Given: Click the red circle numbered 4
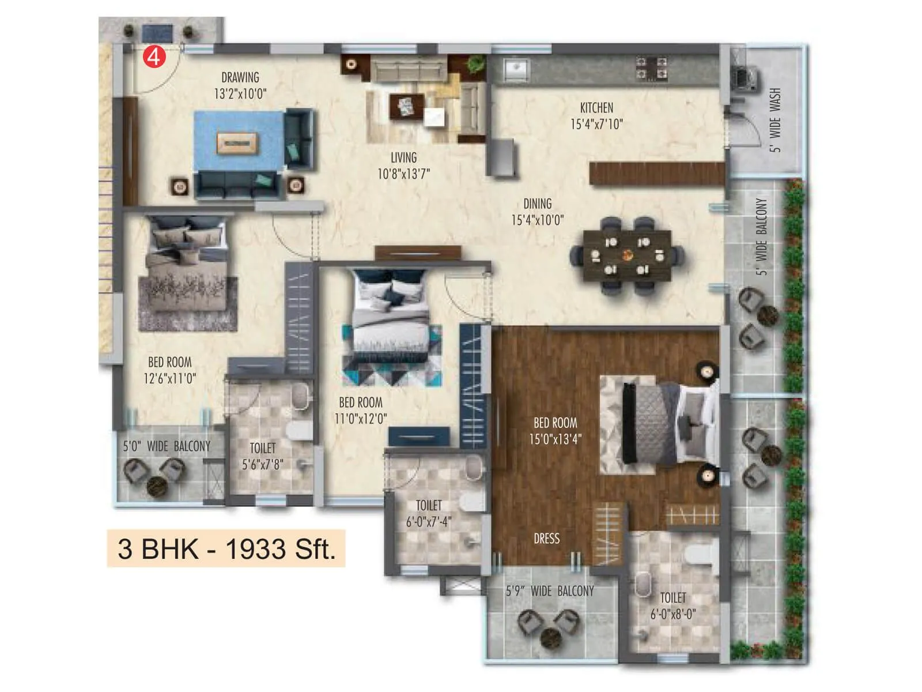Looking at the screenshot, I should click(154, 57).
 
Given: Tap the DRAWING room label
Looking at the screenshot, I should click(240, 77).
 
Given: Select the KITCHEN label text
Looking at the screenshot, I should click(596, 108).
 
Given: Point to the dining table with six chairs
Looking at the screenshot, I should click(627, 255).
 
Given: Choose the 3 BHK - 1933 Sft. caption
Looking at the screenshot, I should click(226, 548).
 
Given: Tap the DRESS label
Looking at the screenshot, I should click(546, 539).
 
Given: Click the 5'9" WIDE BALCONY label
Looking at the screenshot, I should click(550, 591).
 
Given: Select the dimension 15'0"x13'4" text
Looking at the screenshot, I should click(555, 439).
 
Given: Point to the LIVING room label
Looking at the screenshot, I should click(403, 157).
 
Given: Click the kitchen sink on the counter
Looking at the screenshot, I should click(516, 70).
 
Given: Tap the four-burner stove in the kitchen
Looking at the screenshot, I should click(651, 68).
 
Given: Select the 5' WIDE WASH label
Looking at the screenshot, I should click(775, 120).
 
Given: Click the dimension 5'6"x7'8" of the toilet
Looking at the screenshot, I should click(262, 464).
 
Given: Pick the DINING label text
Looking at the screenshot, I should click(537, 204).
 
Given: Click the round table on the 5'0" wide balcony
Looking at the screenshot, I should click(157, 486).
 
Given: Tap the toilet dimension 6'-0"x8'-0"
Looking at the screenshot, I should click(673, 615).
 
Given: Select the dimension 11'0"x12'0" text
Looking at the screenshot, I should click(361, 419).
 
